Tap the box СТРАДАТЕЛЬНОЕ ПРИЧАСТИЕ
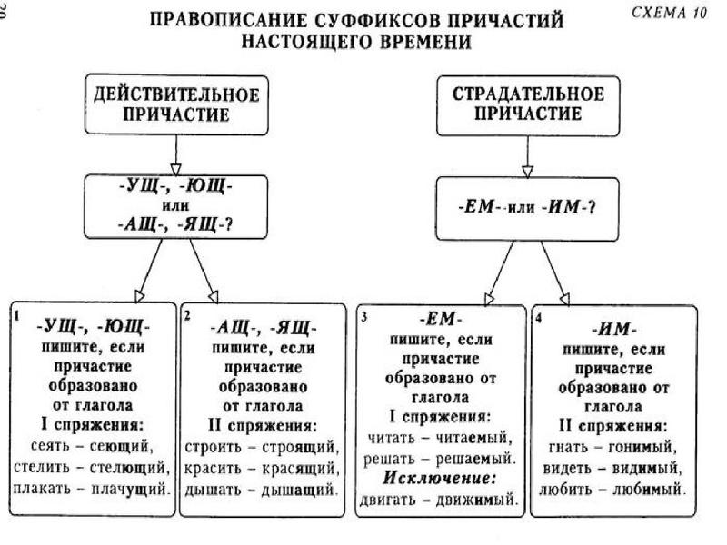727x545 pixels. point(526,104)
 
